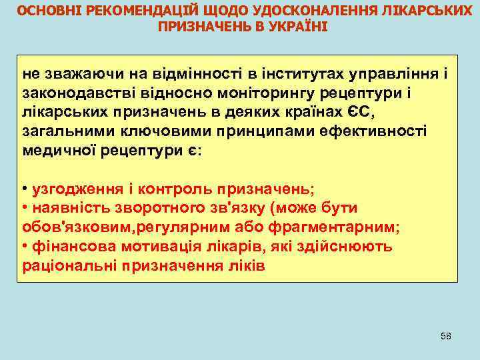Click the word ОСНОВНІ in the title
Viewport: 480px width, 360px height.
point(42,11)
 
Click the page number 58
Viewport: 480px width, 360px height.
point(446,335)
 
